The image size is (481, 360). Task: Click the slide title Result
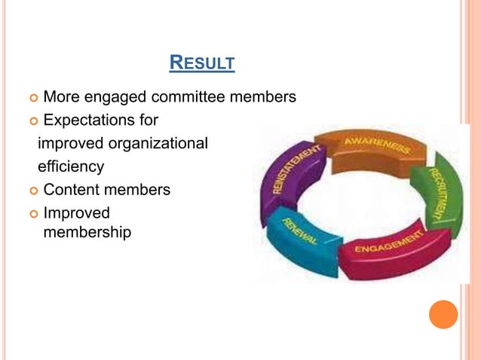(202, 62)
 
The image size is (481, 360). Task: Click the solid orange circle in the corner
(443, 313)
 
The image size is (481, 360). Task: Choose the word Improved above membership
(76, 213)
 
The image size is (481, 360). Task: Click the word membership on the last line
(87, 233)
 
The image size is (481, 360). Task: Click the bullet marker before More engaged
(32, 98)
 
